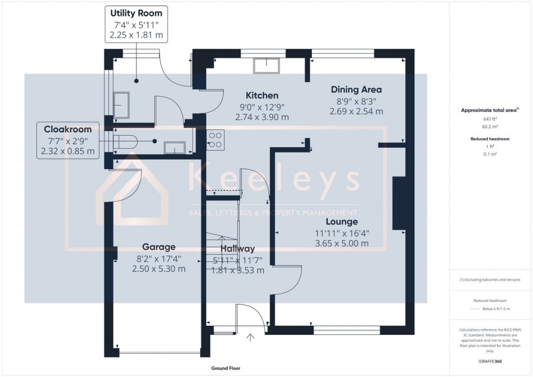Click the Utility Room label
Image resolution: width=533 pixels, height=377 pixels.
[136, 13]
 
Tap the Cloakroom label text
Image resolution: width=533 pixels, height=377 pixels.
[68, 129]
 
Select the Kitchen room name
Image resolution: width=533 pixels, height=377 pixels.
[262, 95]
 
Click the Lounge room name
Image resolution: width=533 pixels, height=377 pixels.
[341, 222]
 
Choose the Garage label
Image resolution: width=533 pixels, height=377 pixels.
[159, 247]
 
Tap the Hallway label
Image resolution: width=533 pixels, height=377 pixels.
[237, 249]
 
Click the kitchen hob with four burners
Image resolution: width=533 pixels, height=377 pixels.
[215, 140]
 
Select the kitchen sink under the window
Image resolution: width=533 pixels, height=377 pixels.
[266, 65]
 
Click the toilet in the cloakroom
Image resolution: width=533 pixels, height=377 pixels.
[125, 141]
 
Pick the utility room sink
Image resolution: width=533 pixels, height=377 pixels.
[121, 106]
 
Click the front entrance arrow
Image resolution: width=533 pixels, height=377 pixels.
[250, 338]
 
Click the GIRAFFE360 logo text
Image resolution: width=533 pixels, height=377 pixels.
[490, 361]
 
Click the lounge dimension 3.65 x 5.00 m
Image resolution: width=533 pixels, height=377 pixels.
[341, 243]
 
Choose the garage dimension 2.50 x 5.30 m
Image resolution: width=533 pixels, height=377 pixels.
[159, 269]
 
